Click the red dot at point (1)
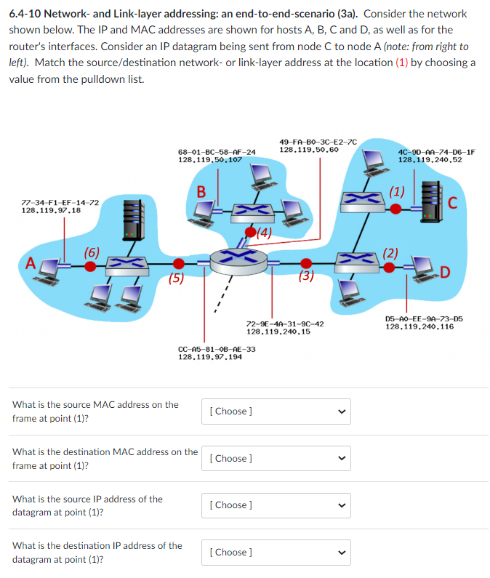(x=395, y=208)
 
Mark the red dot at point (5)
(x=178, y=263)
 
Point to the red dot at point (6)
(x=90, y=266)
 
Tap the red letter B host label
(x=201, y=192)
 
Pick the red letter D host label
(x=445, y=273)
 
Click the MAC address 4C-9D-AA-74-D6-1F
(x=436, y=152)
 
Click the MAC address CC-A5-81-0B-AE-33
(x=217, y=349)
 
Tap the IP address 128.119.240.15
(x=278, y=332)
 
